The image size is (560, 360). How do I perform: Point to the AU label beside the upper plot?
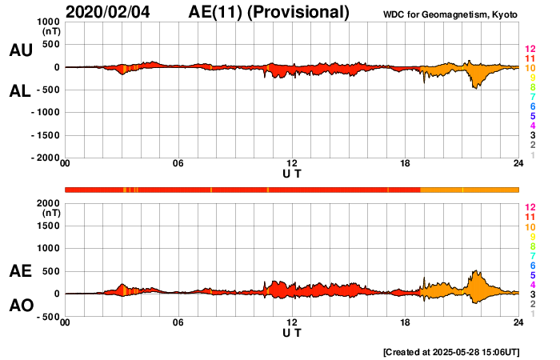(x=20, y=50)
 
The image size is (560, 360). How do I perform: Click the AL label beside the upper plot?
(x=20, y=91)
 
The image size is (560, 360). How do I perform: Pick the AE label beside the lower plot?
(x=20, y=272)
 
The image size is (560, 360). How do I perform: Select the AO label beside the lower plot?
(x=20, y=306)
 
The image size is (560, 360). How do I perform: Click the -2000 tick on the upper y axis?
(x=46, y=158)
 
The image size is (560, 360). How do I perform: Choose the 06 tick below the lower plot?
(x=178, y=322)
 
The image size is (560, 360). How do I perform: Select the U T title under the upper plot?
(x=292, y=174)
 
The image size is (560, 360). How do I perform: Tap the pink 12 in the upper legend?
(x=529, y=49)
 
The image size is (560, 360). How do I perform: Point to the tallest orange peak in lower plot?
(x=476, y=272)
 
